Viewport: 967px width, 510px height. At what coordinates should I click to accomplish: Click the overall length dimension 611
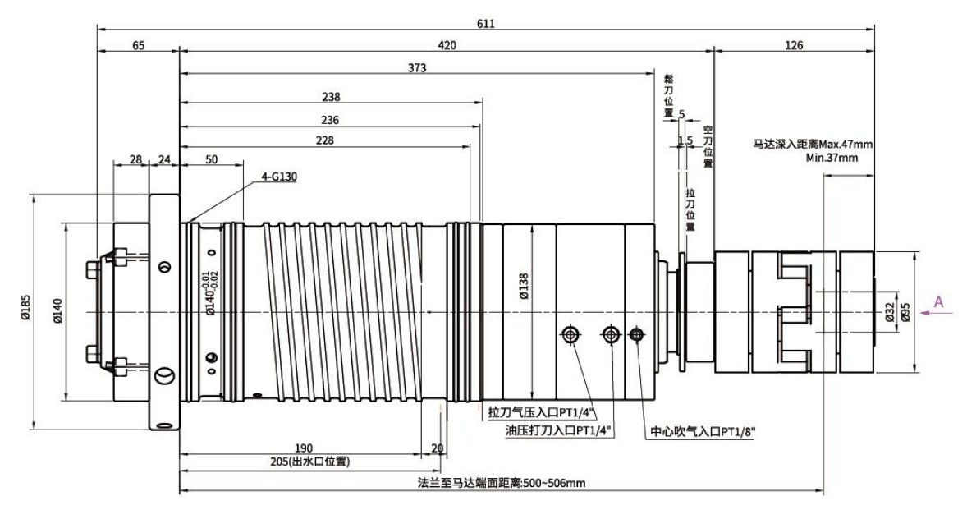click(485, 24)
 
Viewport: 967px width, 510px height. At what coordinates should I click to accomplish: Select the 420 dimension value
click(447, 45)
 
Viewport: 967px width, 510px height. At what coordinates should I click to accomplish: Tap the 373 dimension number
click(417, 68)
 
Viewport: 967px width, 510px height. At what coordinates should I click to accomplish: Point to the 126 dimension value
click(795, 45)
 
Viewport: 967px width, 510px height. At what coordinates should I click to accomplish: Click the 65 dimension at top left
click(139, 45)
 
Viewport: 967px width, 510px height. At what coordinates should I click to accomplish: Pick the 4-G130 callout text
click(279, 177)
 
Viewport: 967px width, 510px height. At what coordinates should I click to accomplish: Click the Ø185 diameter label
click(25, 308)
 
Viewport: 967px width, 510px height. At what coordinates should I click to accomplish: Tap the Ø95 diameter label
click(905, 310)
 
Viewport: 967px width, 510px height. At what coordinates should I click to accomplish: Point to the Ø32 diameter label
click(889, 311)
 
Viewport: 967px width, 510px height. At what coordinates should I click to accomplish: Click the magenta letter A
click(938, 301)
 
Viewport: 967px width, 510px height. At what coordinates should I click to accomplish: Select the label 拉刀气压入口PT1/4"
click(540, 412)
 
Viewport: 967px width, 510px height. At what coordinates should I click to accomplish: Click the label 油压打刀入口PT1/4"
click(557, 431)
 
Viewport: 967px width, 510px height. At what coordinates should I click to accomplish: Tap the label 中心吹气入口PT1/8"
click(703, 432)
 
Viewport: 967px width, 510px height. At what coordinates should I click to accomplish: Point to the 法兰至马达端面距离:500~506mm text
click(501, 483)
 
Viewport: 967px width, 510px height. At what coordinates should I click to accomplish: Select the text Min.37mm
click(832, 157)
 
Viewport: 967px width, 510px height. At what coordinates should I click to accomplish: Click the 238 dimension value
click(331, 97)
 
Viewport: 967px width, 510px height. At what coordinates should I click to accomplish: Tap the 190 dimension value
click(304, 448)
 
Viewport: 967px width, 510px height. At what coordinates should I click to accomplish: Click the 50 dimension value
click(212, 159)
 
